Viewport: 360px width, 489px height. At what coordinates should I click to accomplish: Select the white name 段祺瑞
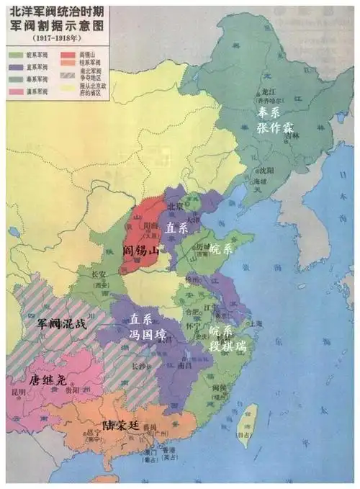(228, 345)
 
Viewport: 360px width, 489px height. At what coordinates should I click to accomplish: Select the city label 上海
(256, 323)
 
